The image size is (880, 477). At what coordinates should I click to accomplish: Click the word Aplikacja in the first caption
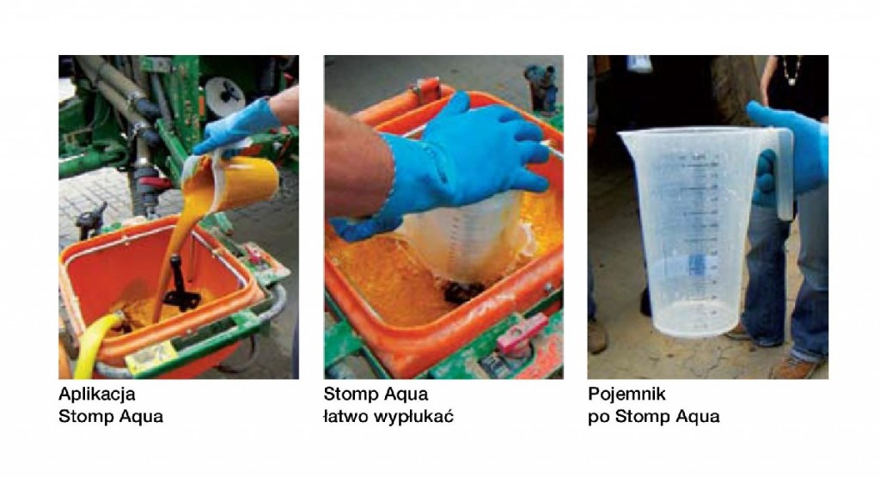click(x=96, y=394)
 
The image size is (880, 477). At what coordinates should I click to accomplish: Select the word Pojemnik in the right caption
click(x=626, y=394)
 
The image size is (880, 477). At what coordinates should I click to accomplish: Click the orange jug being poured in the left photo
click(x=241, y=179)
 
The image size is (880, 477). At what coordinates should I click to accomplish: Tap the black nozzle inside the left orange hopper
click(x=180, y=286)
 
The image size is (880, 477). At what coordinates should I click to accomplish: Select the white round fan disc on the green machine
click(x=224, y=95)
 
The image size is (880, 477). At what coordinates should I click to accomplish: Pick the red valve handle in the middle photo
click(x=522, y=333)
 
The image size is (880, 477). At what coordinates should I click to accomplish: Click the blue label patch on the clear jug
click(x=697, y=265)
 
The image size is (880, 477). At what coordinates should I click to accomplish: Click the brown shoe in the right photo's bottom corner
click(x=796, y=368)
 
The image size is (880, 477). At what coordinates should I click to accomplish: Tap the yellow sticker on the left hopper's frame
click(x=150, y=357)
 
